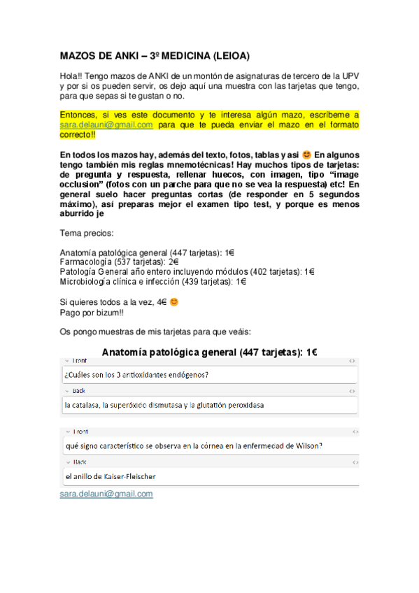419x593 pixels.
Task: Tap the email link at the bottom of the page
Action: click(x=106, y=494)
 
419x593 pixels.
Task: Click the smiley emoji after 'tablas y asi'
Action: click(x=306, y=155)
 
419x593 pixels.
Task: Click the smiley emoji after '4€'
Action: click(x=174, y=302)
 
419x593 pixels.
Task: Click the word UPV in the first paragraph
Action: click(x=349, y=76)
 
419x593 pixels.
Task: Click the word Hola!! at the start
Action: click(x=71, y=76)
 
